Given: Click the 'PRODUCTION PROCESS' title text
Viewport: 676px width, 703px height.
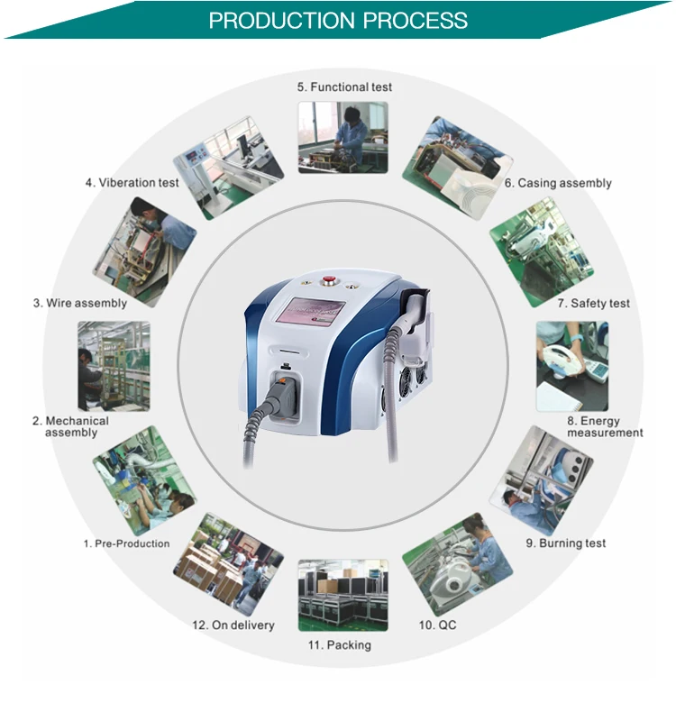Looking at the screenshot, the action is click(338, 20).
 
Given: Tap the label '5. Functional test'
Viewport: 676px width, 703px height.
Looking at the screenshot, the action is click(345, 87).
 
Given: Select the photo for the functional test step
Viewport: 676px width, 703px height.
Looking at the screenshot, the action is click(343, 137).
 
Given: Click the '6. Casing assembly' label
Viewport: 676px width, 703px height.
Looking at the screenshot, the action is click(558, 183).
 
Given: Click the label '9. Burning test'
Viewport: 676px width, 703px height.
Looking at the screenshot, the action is click(565, 543).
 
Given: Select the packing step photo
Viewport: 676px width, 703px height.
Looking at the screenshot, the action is click(343, 595).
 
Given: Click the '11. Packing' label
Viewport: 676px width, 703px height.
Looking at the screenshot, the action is click(338, 645).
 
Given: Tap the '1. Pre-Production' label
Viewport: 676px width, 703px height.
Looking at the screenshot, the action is click(126, 543).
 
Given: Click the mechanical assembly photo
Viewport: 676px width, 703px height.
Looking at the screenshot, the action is click(114, 366).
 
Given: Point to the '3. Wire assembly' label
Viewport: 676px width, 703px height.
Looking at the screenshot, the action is click(80, 304).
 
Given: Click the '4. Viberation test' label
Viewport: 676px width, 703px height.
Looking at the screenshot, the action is click(132, 183).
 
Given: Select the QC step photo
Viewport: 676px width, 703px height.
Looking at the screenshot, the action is click(457, 564).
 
